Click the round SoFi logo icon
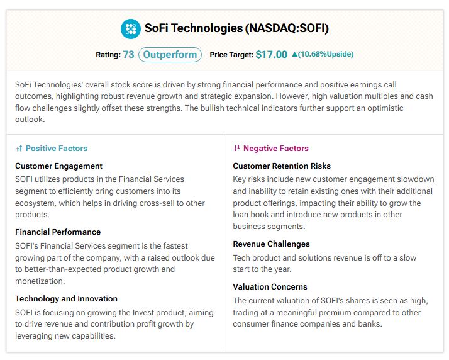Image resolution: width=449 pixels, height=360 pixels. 131,29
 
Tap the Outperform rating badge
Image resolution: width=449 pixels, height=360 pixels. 170,55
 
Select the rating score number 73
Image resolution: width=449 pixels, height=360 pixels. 128,55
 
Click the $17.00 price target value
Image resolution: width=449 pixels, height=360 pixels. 272,55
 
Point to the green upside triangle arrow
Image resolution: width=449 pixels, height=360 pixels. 294,54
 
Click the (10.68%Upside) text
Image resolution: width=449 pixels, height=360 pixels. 326,54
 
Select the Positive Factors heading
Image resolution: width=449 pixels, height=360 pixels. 57,148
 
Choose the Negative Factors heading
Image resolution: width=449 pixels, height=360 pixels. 276,148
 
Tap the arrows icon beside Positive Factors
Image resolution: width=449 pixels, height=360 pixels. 19,149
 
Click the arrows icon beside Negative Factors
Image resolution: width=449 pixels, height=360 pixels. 236,148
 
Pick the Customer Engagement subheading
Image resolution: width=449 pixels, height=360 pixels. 58,166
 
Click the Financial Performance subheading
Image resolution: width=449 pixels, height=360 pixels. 58,232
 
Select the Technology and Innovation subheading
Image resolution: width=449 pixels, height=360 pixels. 66,299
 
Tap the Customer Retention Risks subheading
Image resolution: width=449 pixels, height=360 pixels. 282,166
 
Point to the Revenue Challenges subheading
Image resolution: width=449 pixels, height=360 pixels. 271,244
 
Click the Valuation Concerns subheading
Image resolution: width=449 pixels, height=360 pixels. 270,286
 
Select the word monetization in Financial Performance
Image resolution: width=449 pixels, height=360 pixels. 39,281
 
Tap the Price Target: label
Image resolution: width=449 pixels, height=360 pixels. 231,55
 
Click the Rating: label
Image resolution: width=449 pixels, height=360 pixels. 108,55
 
